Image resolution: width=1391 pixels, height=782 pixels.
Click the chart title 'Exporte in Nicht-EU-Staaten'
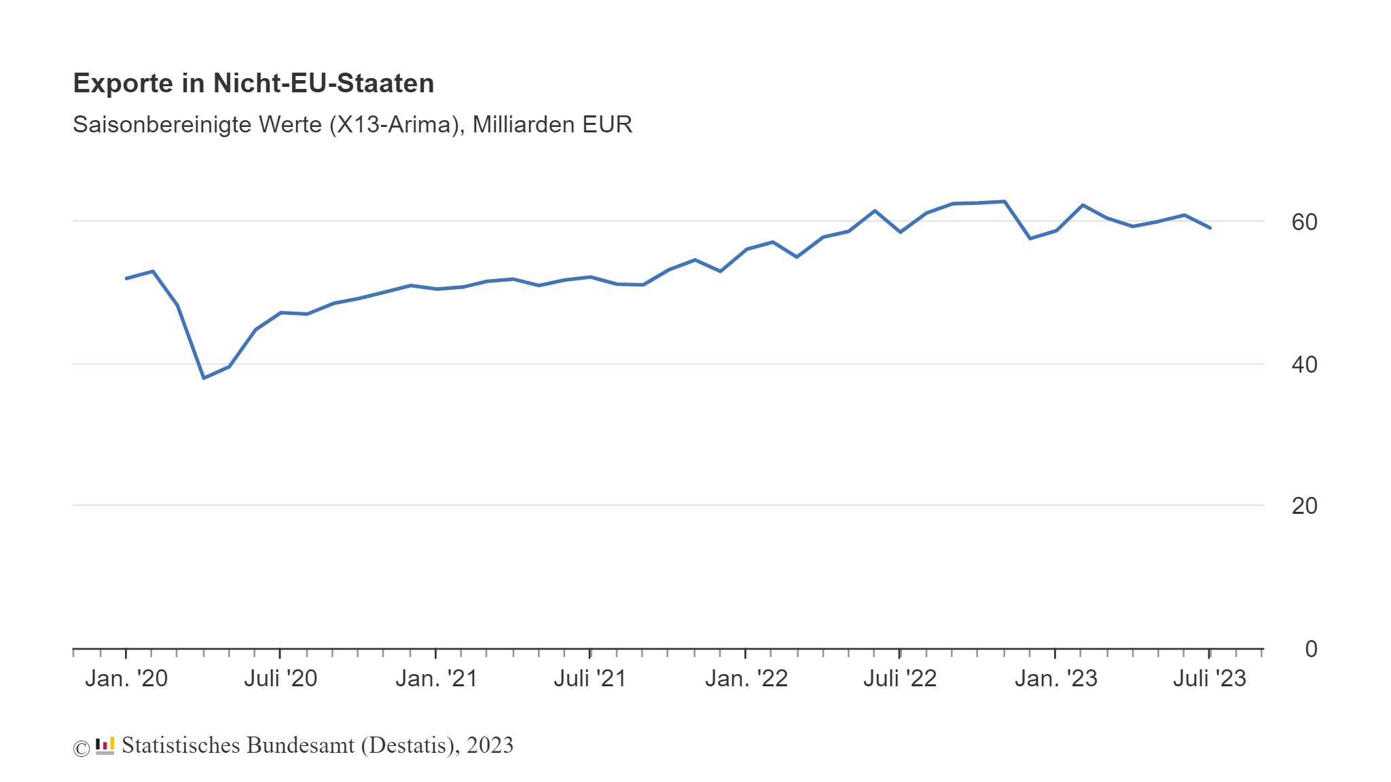pyautogui.click(x=253, y=83)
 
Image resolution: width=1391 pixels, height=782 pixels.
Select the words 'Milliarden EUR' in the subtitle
pyautogui.click(x=552, y=125)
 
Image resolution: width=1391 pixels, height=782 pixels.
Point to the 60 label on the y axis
pyautogui.click(x=1304, y=222)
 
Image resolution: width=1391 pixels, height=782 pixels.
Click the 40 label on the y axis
pyautogui.click(x=1304, y=365)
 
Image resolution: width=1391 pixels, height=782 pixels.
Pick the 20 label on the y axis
pyautogui.click(x=1304, y=506)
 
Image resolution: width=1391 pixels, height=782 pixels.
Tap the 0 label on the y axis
pyautogui.click(x=1311, y=649)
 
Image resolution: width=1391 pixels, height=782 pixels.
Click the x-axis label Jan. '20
pyautogui.click(x=126, y=678)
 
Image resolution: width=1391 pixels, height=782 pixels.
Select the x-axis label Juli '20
pyautogui.click(x=281, y=678)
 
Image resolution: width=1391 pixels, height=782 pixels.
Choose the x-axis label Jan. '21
pyautogui.click(x=437, y=678)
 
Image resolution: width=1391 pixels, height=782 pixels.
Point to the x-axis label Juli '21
pyautogui.click(x=590, y=678)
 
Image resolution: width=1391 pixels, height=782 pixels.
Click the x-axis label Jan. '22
pyautogui.click(x=746, y=678)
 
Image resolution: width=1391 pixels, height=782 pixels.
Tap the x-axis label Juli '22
pyautogui.click(x=900, y=678)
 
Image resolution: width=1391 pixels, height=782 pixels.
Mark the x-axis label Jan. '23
pyautogui.click(x=1055, y=678)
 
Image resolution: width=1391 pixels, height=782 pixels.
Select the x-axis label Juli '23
pyautogui.click(x=1210, y=678)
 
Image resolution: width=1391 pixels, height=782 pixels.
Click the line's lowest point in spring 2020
pyautogui.click(x=204, y=377)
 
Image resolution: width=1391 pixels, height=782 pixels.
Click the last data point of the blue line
pyautogui.click(x=1210, y=227)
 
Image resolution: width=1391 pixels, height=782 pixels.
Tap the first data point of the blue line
pyautogui.click(x=126, y=278)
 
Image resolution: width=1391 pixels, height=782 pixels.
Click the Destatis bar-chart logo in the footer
pyautogui.click(x=105, y=745)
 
